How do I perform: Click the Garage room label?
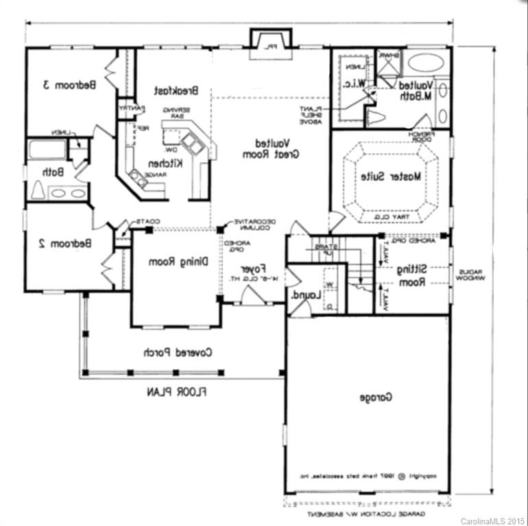click(x=374, y=397)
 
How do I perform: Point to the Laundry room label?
click(x=304, y=295)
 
